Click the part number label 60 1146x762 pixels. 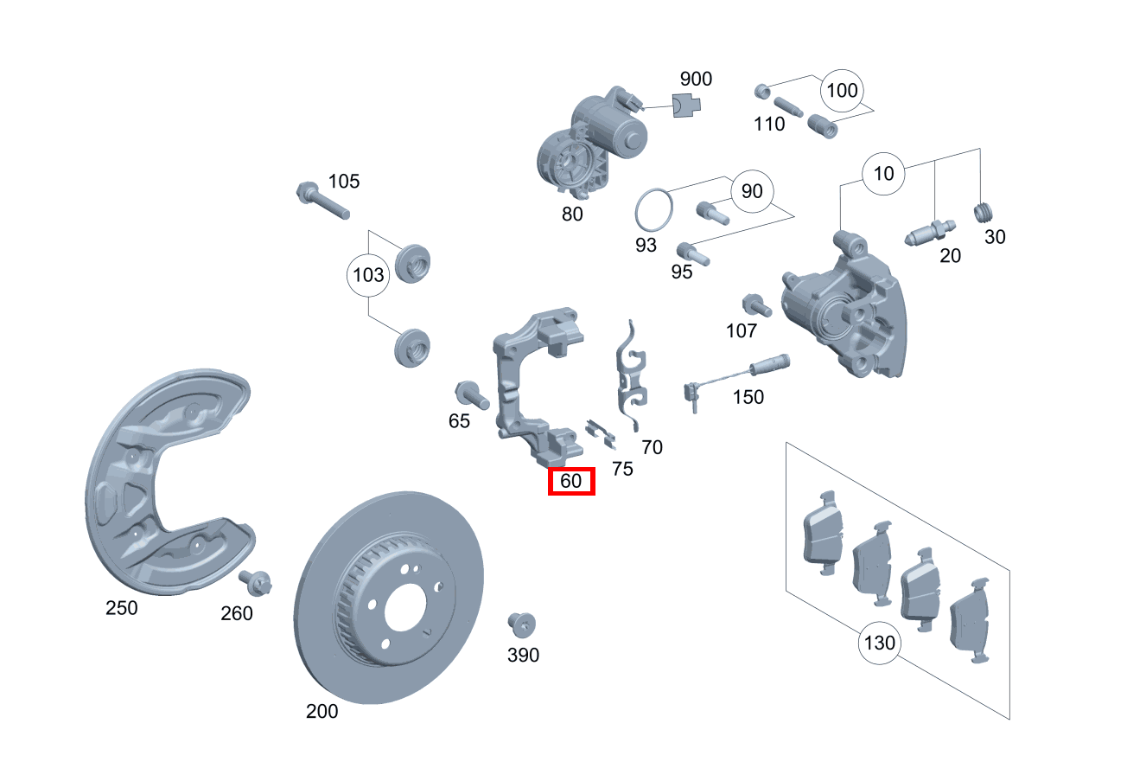coord(571,481)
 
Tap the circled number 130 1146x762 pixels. coord(879,644)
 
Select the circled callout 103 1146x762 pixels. coord(369,276)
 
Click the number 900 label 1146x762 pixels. coord(696,80)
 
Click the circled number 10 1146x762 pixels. coord(883,174)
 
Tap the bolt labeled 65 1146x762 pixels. coord(472,395)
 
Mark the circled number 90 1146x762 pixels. coord(752,191)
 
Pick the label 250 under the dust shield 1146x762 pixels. coord(122,608)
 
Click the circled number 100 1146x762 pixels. coord(842,91)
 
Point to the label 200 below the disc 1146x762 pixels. coord(322,712)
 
